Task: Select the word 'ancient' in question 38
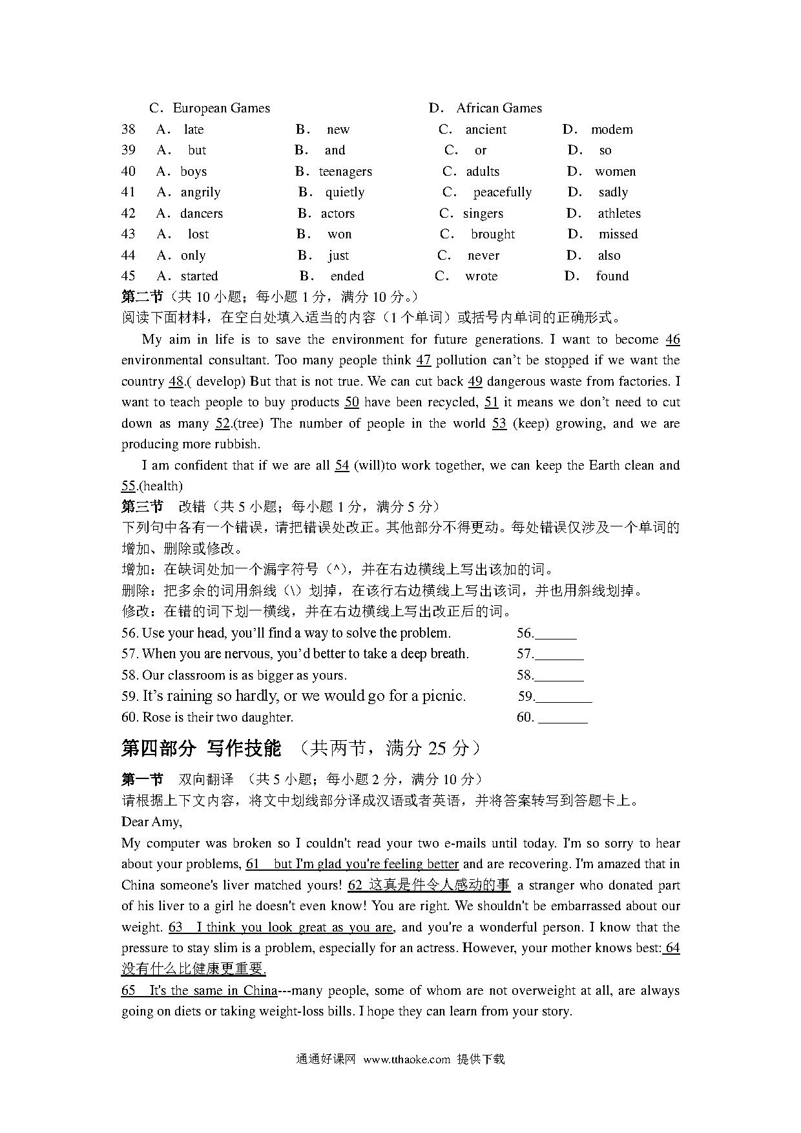(x=486, y=129)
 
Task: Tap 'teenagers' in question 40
(x=345, y=171)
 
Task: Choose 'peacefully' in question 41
(x=502, y=192)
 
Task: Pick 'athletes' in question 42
(x=619, y=213)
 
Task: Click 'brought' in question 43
(x=492, y=234)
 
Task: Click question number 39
(x=129, y=150)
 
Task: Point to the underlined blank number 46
(x=672, y=339)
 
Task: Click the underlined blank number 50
(x=351, y=402)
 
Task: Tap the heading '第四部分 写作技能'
(x=201, y=748)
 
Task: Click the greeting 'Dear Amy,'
(x=151, y=822)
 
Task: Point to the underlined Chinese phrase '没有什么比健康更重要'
(x=193, y=969)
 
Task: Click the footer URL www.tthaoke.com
(x=406, y=1059)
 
